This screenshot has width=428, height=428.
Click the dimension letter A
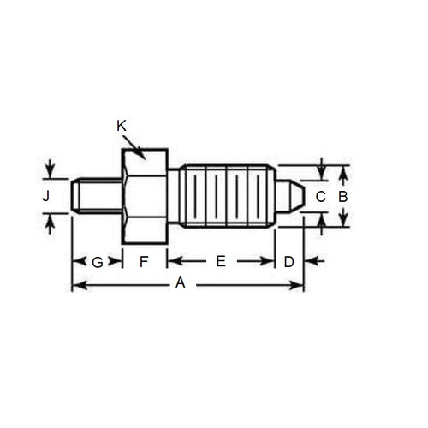pyautogui.click(x=180, y=283)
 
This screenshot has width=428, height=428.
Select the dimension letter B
pyautogui.click(x=342, y=196)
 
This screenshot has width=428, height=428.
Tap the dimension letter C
pyautogui.click(x=320, y=196)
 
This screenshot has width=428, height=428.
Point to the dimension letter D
pyautogui.click(x=288, y=261)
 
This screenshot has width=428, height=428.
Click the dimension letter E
pyautogui.click(x=220, y=261)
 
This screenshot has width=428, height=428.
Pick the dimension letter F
pyautogui.click(x=144, y=261)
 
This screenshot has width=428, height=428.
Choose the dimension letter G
pyautogui.click(x=97, y=262)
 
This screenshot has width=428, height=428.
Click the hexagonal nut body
pyautogui.click(x=144, y=195)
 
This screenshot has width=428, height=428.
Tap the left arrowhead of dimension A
pyautogui.click(x=77, y=284)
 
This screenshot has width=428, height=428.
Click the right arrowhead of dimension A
pyautogui.click(x=299, y=284)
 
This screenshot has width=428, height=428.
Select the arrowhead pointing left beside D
pyautogui.click(x=309, y=261)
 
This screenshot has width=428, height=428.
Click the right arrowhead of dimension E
pyautogui.click(x=269, y=261)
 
